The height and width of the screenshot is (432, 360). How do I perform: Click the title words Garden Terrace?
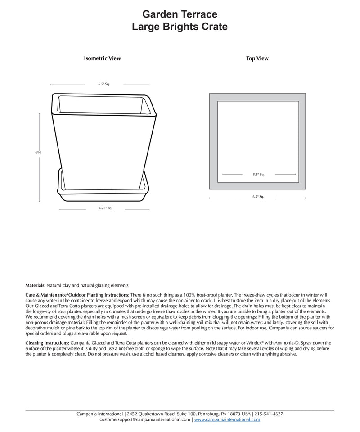pos(180,14)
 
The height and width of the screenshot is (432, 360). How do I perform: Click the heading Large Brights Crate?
pos(180,27)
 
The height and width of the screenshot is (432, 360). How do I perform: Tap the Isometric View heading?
pos(102,58)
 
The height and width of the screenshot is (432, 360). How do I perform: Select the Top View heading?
pos(257,58)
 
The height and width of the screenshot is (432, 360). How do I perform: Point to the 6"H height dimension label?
pos(38,153)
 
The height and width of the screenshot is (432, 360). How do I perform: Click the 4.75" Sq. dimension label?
pos(105,208)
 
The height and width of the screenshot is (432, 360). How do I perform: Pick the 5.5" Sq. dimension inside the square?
pos(259,174)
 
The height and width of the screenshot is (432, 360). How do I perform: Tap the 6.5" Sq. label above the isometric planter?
pos(104,84)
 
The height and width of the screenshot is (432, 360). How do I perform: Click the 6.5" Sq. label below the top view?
pos(258,197)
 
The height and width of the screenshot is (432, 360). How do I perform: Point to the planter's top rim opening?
pos(103,105)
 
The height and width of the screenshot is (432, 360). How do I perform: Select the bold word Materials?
pos(36,285)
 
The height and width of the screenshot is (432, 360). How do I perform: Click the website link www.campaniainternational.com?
pos(227,419)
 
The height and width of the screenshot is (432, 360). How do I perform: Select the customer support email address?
pos(145,419)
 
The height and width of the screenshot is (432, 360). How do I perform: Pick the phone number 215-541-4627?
pos(269,414)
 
